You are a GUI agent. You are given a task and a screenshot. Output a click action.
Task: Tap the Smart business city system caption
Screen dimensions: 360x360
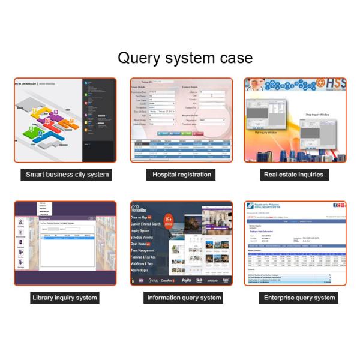pyautogui.click(x=67, y=175)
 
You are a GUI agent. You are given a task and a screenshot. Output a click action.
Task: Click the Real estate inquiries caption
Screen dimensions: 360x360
pyautogui.click(x=293, y=175)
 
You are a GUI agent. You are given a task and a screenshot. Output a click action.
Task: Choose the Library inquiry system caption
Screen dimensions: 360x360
pyautogui.click(x=65, y=298)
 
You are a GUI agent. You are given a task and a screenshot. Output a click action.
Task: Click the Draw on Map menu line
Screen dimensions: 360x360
pyautogui.click(x=143, y=217)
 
